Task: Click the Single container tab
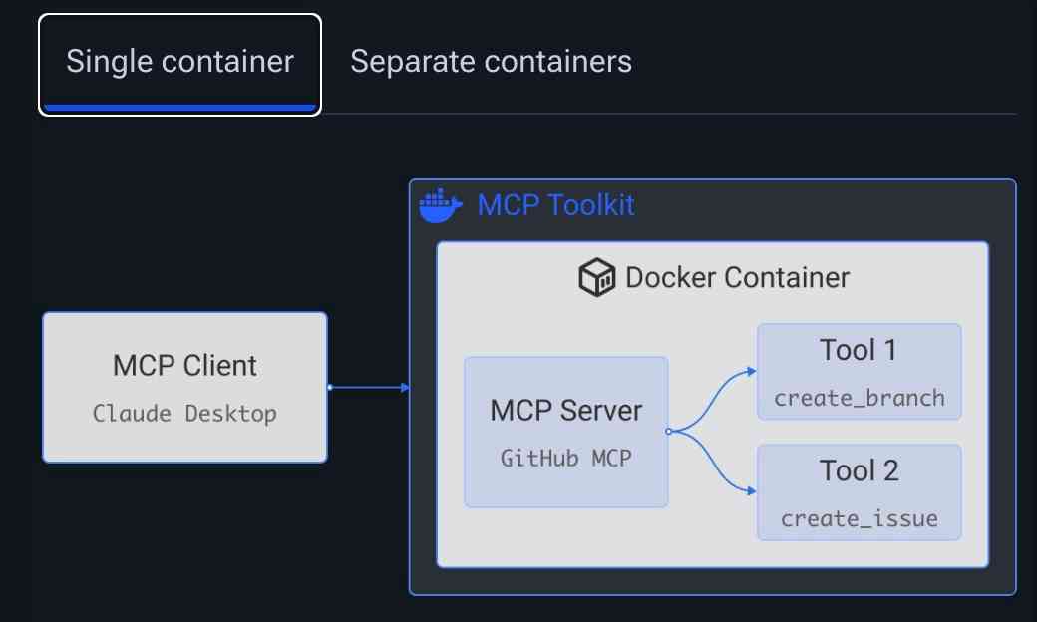179,62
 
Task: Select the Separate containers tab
491,62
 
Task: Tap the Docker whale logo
440,205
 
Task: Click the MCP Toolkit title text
555,205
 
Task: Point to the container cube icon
597,277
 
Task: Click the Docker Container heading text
737,277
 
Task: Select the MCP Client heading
184,365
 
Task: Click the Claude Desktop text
184,413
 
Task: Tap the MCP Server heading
565,410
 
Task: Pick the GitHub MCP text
565,459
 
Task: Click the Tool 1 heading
859,350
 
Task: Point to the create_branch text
859,398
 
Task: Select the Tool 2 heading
859,470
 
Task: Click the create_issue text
859,518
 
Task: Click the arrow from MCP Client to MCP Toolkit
369,387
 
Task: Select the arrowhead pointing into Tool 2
751,490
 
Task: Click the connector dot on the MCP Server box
668,432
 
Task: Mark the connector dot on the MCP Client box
328,387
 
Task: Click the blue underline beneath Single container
179,107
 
